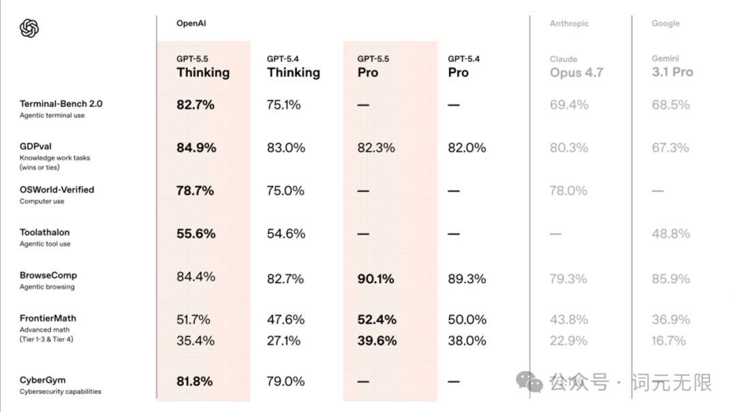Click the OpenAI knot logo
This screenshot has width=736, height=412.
click(x=29, y=28)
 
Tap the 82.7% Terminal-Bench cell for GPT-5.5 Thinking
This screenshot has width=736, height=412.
click(x=196, y=105)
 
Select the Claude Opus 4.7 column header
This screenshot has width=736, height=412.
click(x=577, y=67)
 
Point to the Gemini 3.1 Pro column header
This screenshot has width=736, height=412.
click(x=672, y=66)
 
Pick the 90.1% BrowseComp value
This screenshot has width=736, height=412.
click(x=375, y=279)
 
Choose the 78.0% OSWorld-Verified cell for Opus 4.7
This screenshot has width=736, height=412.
click(x=568, y=191)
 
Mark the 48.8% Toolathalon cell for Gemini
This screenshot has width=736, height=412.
click(x=671, y=233)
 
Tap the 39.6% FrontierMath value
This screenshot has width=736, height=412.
click(x=377, y=340)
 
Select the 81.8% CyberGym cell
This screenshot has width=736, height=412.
click(x=194, y=381)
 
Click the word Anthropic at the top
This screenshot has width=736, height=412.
click(x=569, y=23)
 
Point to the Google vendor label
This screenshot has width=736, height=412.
click(x=666, y=23)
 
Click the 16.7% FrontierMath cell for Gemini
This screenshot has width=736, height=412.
click(x=669, y=340)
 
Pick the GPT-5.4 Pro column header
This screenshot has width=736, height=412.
click(x=464, y=66)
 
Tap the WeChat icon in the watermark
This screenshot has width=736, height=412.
click(x=529, y=382)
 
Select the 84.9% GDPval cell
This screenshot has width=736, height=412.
click(x=196, y=148)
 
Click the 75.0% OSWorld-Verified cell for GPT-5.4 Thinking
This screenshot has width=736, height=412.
click(x=286, y=191)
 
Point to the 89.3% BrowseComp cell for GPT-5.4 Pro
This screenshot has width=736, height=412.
click(x=467, y=279)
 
